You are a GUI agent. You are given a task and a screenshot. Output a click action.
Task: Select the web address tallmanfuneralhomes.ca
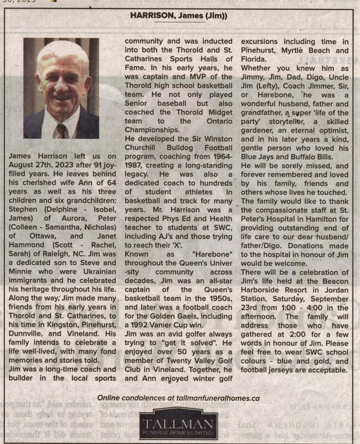pos(212,398)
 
